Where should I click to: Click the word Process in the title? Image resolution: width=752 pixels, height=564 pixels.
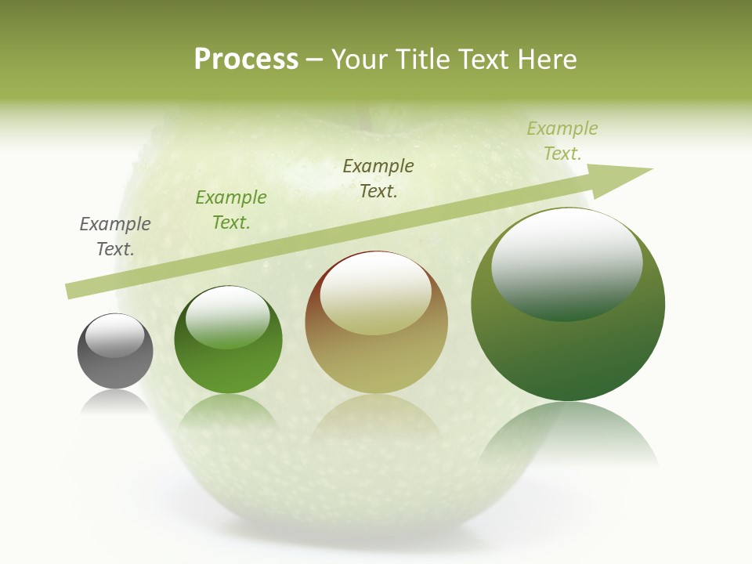(246, 60)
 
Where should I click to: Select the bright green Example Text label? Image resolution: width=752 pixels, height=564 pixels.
(231, 210)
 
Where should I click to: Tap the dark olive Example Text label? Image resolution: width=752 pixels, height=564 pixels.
(378, 179)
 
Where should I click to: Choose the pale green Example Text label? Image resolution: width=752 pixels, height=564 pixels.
(562, 141)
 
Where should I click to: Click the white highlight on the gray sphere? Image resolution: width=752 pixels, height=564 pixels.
(114, 335)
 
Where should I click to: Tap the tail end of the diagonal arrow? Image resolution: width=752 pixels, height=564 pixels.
(72, 291)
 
